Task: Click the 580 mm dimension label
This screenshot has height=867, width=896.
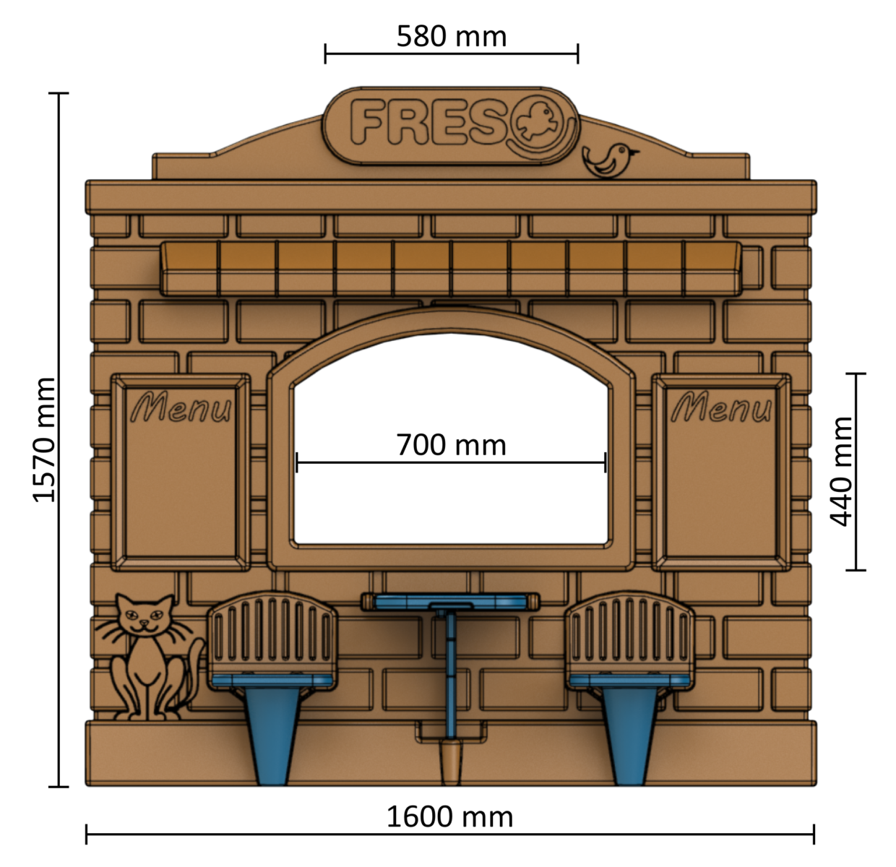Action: [452, 36]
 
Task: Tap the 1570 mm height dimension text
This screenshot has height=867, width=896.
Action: [45, 439]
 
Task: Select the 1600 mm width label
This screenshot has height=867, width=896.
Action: [449, 817]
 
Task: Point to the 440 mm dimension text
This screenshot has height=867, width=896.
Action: [842, 471]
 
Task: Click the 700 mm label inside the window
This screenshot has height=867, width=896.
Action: [451, 445]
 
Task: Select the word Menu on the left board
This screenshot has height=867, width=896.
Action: [181, 408]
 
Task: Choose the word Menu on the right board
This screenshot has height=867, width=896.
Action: [721, 408]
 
